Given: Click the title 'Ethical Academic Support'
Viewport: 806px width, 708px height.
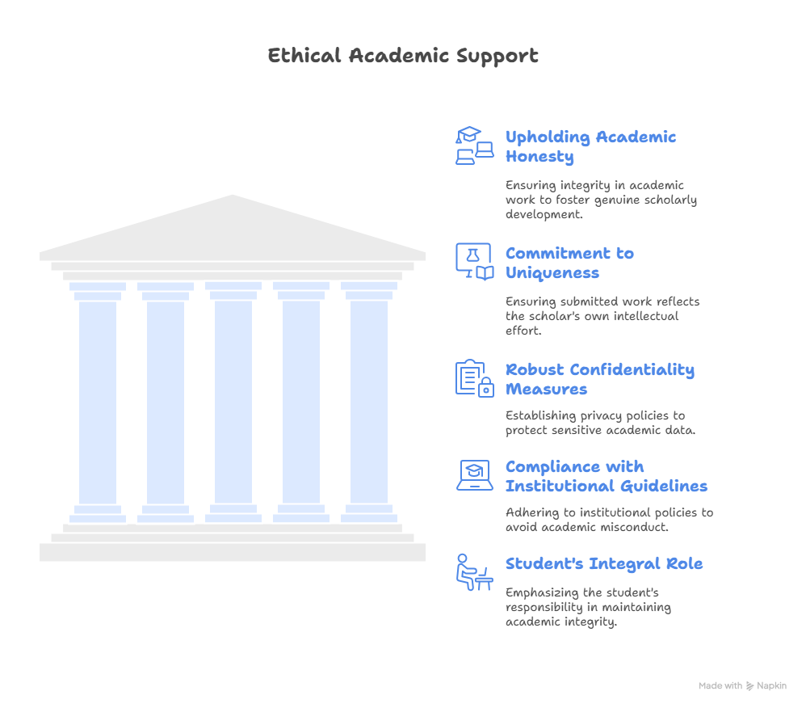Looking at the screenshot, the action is point(403,56).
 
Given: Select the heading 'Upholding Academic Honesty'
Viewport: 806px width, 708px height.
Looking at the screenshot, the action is point(590,146).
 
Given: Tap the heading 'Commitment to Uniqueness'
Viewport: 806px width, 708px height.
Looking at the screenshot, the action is point(569,263).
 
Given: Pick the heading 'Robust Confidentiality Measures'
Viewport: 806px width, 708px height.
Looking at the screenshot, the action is point(600,379).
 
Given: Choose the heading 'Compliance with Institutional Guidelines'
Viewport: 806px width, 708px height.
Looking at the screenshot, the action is point(607,477).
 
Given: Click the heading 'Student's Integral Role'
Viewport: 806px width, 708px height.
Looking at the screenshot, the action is point(604,564).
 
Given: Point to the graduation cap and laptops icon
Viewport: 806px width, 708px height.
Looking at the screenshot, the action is point(474,145).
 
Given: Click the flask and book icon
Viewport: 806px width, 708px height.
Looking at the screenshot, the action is point(474,261).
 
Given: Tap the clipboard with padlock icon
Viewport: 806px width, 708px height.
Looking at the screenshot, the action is point(474,378).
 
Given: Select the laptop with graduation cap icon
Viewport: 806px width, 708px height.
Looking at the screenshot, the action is point(474,475).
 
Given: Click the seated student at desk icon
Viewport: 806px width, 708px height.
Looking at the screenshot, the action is point(474,572).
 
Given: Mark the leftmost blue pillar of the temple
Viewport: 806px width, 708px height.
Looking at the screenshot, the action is point(98,402).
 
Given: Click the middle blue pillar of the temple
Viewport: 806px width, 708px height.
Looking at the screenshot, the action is point(233,402).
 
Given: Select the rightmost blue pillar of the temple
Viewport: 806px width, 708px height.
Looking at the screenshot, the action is point(369,402).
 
